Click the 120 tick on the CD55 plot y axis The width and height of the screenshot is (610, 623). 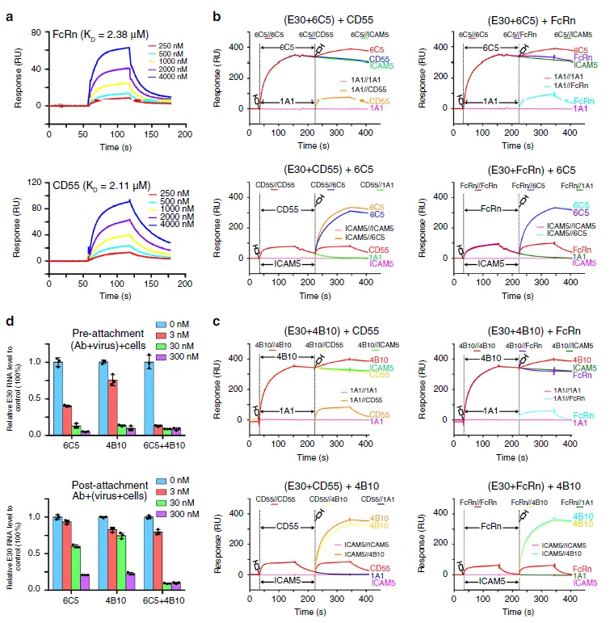tap(34, 183)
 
